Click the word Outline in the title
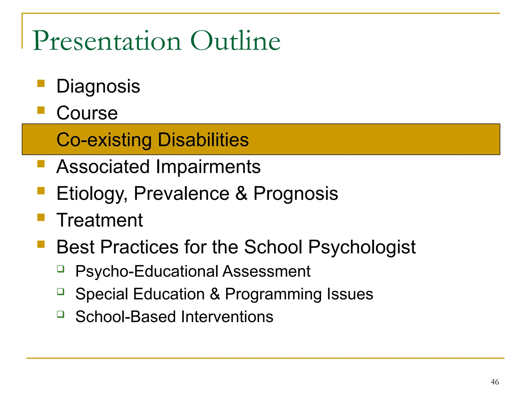(235, 41)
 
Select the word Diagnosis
(98, 87)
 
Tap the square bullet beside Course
(41, 111)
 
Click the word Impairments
(208, 167)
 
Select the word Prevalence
(181, 194)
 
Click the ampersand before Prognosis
(241, 194)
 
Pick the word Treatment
(100, 220)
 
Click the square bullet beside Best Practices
(41, 244)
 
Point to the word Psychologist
(362, 247)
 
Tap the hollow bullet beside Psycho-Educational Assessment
(61, 269)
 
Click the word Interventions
(227, 317)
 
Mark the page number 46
(495, 382)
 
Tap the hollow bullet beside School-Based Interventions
(61, 314)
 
